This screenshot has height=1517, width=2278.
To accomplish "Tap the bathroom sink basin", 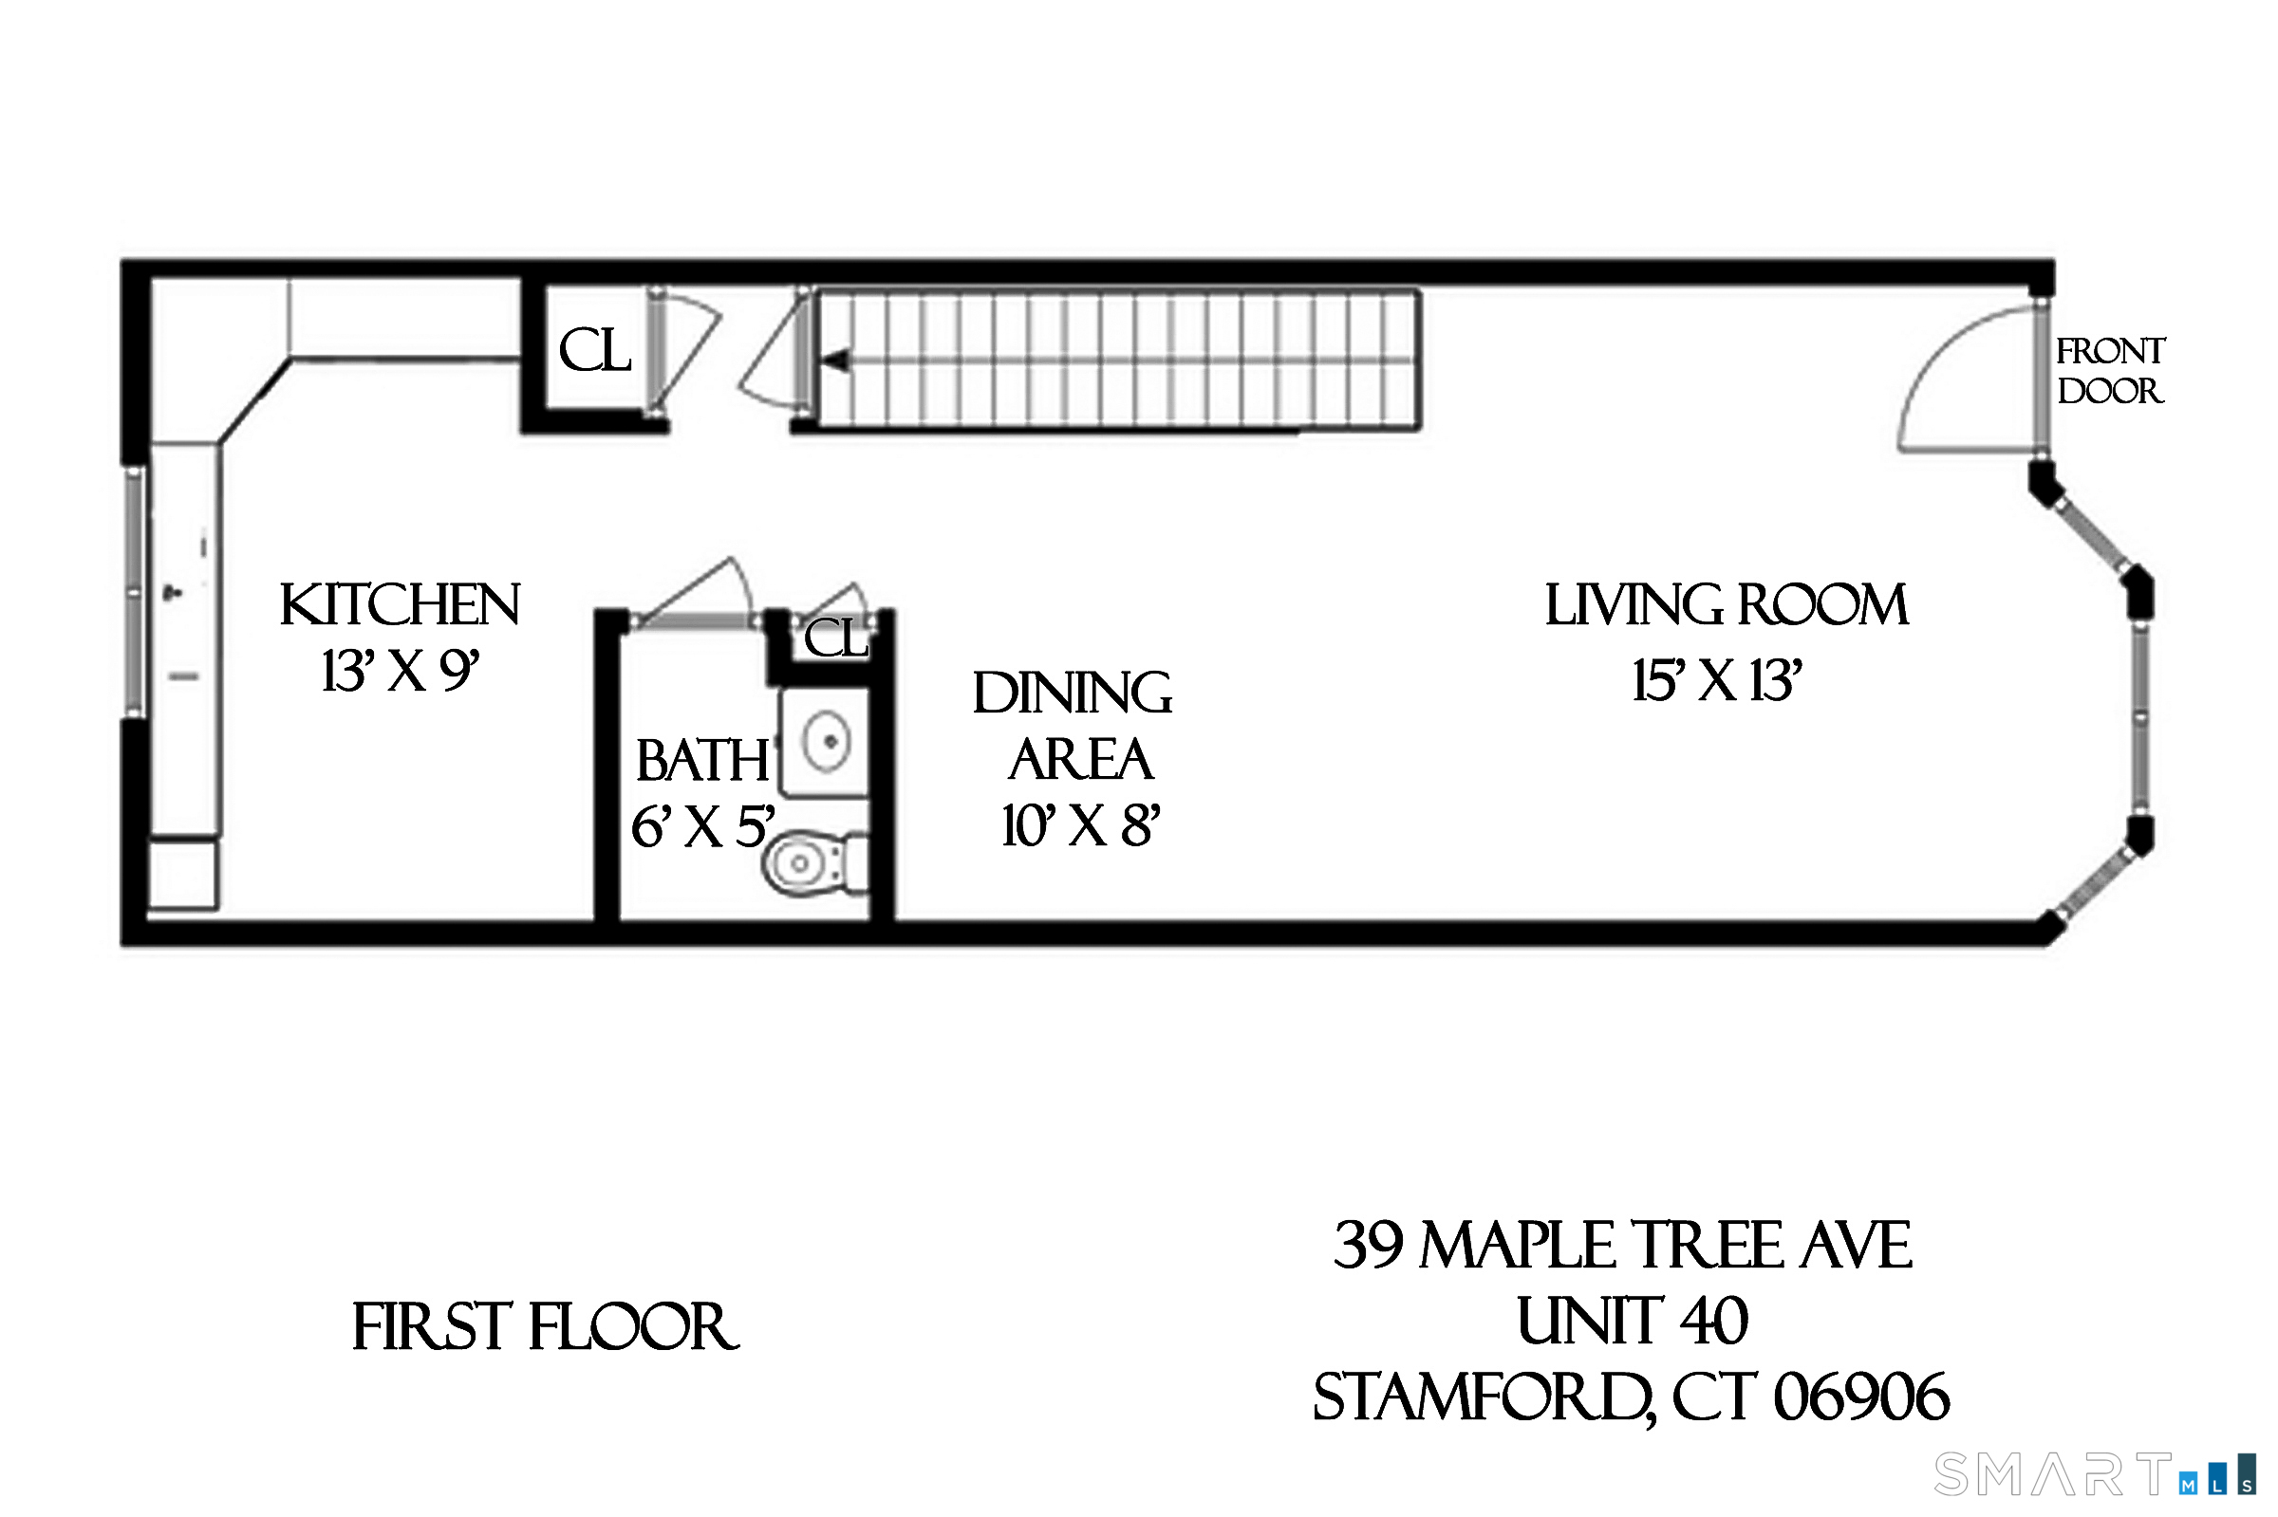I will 827,742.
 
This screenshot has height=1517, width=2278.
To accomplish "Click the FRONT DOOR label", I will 2109,371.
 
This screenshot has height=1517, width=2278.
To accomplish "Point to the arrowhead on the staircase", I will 835,361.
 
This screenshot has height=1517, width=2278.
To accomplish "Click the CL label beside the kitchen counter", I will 594,350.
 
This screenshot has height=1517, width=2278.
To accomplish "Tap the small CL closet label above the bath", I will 836,638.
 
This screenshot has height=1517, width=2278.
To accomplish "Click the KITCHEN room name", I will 400,605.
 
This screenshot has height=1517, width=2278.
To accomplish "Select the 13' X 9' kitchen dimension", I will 400,671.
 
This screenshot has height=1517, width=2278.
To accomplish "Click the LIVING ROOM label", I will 1726,605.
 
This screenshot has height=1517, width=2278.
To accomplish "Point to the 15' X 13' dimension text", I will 1716,680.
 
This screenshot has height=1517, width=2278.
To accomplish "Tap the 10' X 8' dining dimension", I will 1080,826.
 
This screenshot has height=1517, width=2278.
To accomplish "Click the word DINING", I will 1073,694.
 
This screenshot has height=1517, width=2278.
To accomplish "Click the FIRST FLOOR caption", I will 545,1327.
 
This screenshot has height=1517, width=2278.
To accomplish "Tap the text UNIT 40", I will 1632,1322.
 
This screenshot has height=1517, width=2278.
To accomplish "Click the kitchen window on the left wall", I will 136,592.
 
